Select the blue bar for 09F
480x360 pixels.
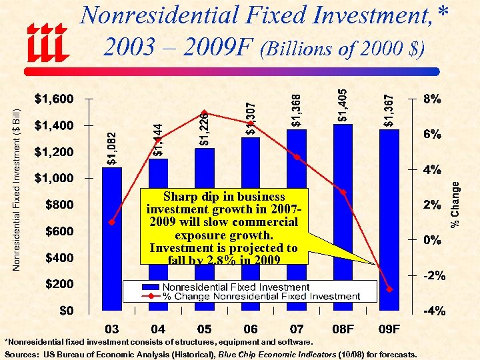point(389,200)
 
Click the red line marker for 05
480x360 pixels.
point(205,113)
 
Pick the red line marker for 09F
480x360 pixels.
point(389,289)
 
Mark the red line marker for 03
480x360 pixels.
point(112,222)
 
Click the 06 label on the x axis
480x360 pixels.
point(251,329)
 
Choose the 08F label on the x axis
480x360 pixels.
point(343,329)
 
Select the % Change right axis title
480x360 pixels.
point(455,205)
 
